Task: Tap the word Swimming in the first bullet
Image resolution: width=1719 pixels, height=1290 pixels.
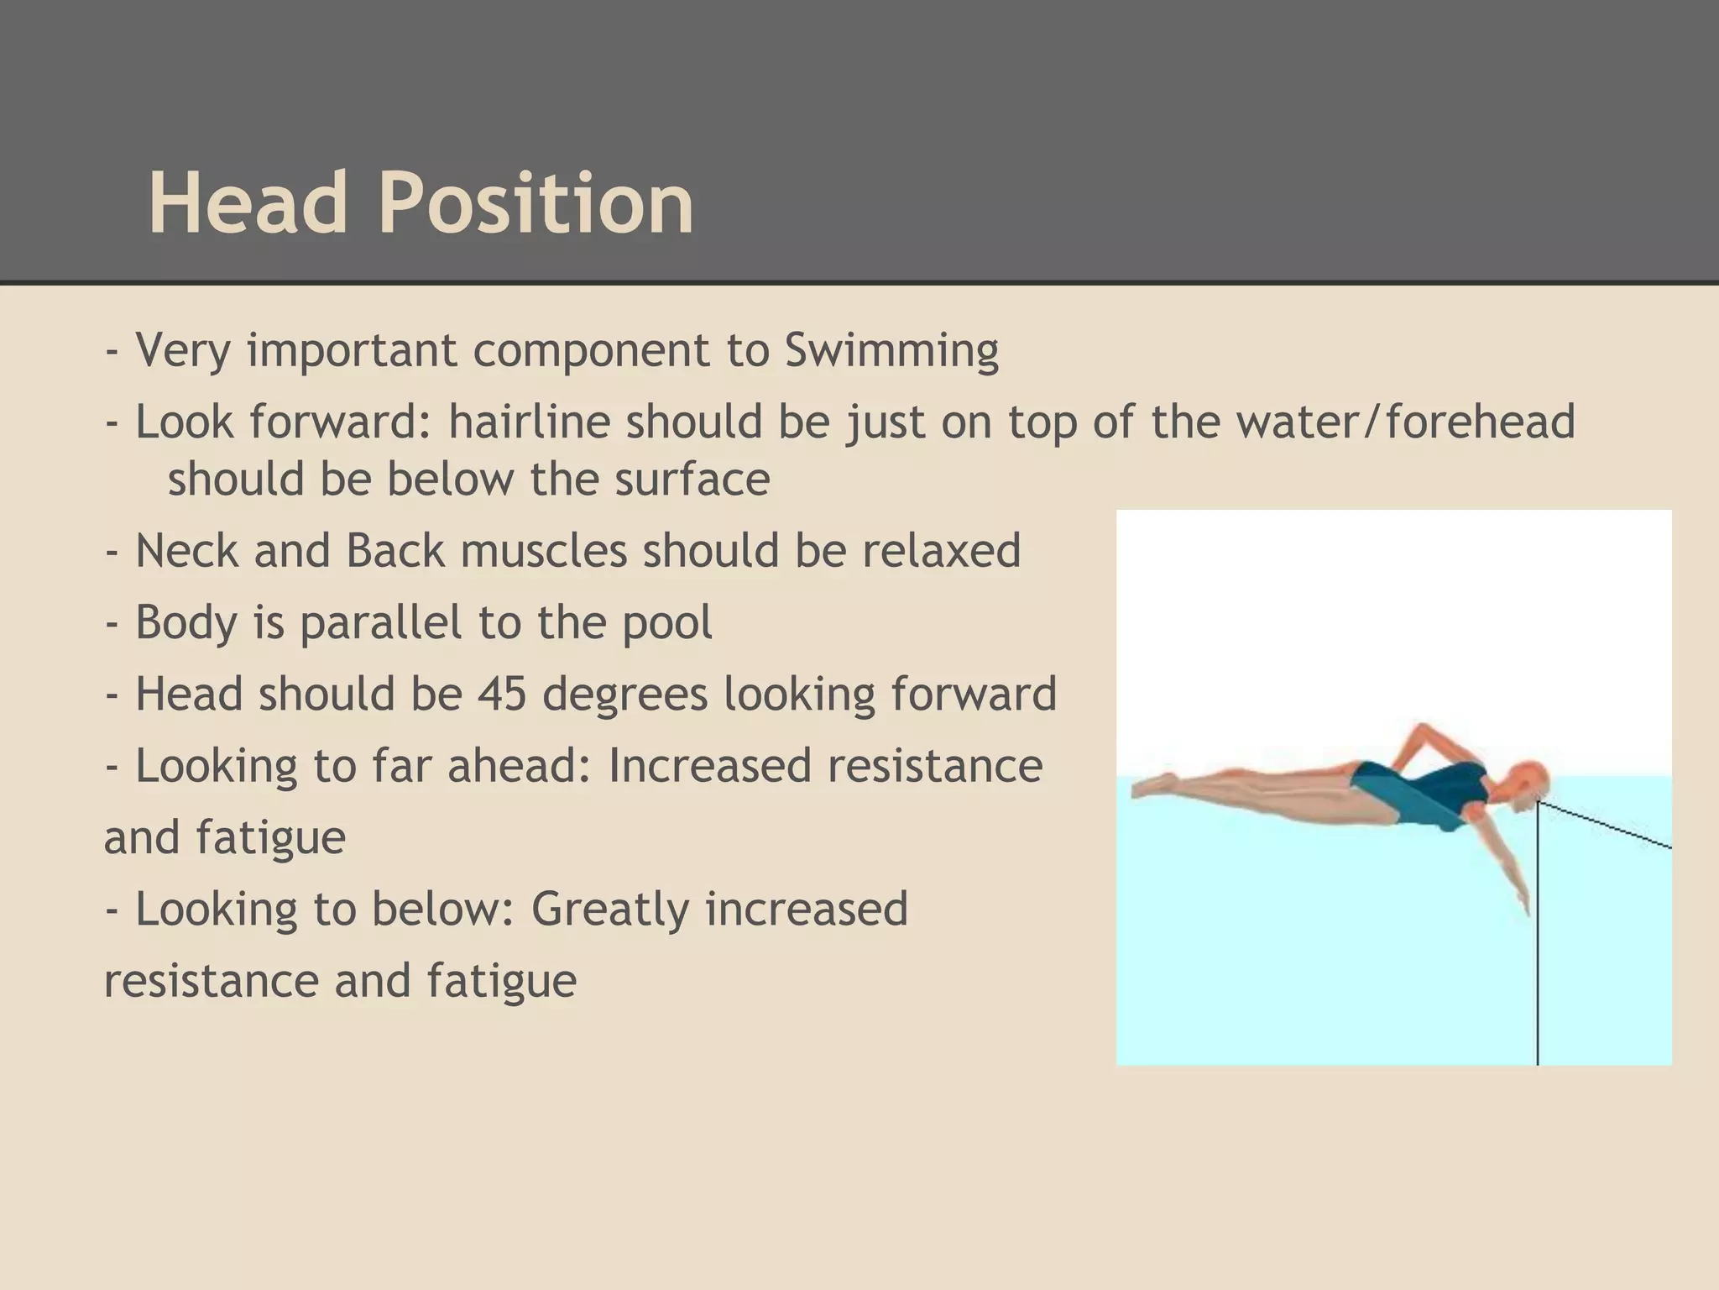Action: coord(891,350)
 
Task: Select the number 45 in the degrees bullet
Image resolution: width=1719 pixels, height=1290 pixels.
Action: coord(502,695)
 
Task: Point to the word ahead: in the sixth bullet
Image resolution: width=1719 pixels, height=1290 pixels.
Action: coord(520,766)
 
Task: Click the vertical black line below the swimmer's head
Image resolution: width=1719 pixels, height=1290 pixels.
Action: coord(1538,966)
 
